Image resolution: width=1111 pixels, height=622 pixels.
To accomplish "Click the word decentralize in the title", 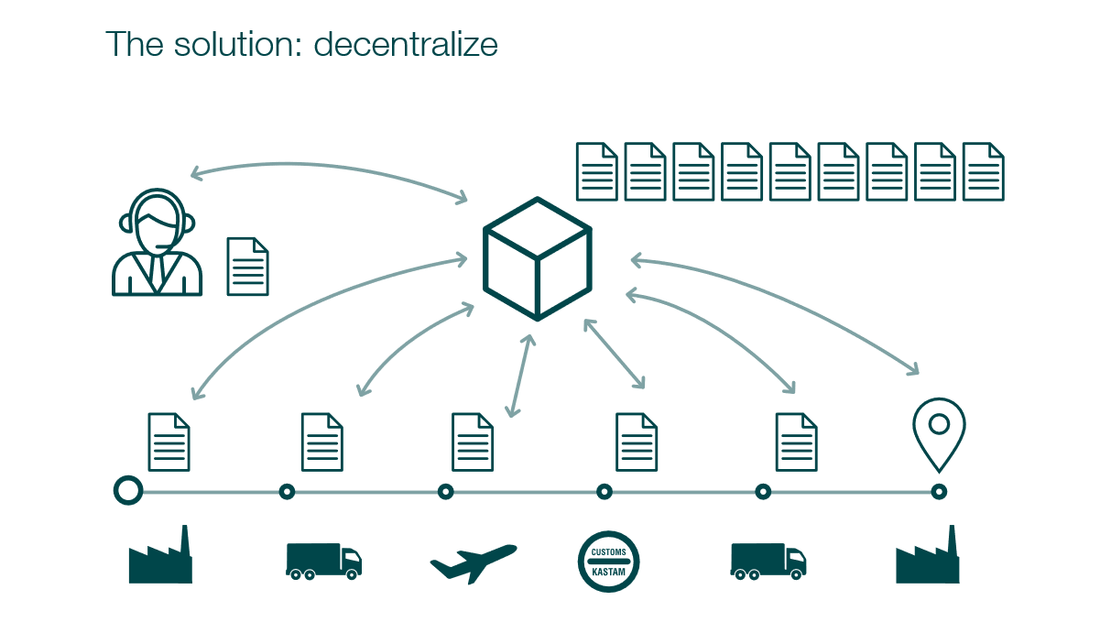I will click(406, 44).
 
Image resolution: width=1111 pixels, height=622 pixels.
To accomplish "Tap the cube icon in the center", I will click(538, 258).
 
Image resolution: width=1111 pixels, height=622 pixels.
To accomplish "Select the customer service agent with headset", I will click(157, 243).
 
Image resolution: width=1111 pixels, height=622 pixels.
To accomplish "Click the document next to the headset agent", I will click(247, 267).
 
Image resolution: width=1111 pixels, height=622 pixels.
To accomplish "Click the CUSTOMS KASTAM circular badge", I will click(608, 562).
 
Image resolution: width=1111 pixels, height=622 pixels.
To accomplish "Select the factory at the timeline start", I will click(160, 557).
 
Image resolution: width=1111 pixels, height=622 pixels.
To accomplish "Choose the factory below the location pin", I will click(927, 557).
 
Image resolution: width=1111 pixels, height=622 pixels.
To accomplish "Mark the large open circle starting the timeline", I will click(128, 491).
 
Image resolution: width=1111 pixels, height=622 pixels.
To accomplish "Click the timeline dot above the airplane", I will click(446, 492).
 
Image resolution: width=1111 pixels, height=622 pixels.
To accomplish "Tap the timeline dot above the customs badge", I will click(605, 492).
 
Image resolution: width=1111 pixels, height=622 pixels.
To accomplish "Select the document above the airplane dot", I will click(473, 442).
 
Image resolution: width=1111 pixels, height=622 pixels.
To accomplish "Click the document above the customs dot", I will click(637, 442).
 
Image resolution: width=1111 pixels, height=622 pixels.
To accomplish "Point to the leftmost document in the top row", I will click(596, 171).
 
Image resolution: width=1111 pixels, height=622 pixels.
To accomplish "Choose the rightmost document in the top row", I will click(984, 171).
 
